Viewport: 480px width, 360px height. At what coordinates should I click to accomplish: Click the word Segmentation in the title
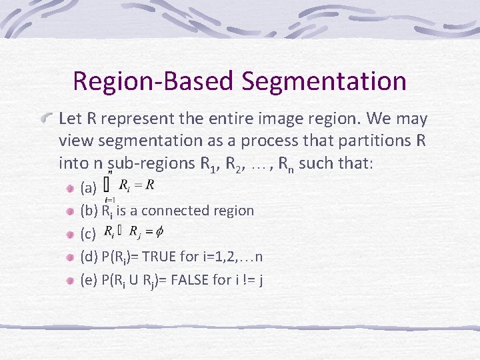pos(324,81)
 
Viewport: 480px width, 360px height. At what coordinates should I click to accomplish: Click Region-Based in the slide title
pos(154,81)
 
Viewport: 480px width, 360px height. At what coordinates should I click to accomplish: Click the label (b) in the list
pos(89,211)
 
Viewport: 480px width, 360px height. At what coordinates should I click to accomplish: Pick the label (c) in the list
pos(88,234)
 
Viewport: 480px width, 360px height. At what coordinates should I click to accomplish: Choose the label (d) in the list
pos(89,257)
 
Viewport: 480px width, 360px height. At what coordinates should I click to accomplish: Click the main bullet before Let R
pos(47,119)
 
